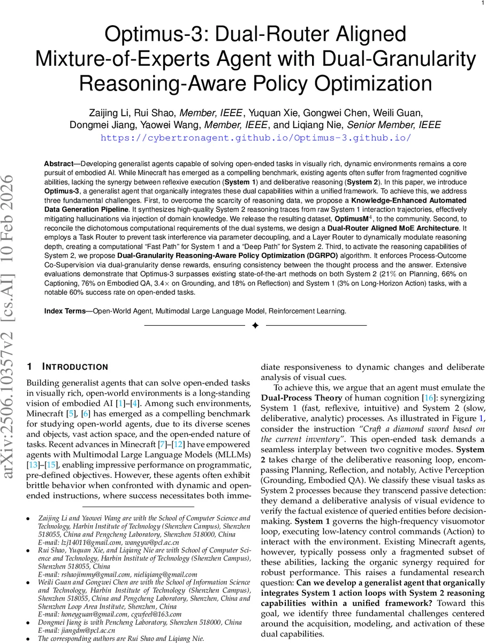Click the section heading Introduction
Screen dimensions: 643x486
tap(74, 367)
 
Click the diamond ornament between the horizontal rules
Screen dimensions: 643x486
tap(255, 326)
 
